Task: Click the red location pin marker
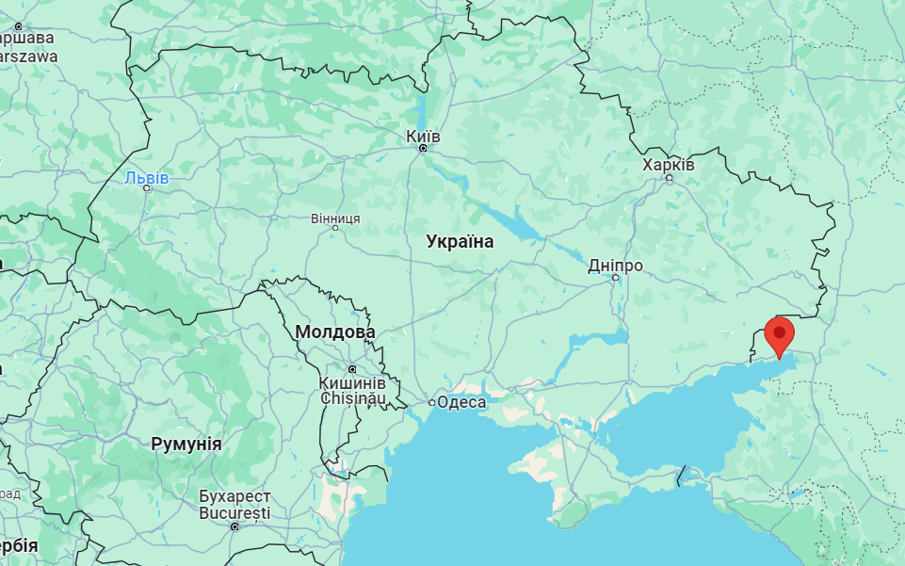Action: click(779, 335)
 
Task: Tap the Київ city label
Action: click(423, 136)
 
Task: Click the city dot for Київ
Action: click(423, 148)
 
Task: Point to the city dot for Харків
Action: click(670, 177)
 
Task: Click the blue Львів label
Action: click(147, 177)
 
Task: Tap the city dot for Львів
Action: click(147, 188)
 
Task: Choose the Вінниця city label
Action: click(335, 218)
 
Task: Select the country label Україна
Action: click(460, 242)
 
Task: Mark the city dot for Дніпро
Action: click(616, 277)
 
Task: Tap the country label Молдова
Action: click(334, 332)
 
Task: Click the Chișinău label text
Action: click(352, 398)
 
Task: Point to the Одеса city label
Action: click(463, 402)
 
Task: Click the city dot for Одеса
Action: click(432, 402)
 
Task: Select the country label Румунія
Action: click(186, 444)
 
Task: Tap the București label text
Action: click(234, 513)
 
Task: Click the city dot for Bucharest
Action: click(234, 526)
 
